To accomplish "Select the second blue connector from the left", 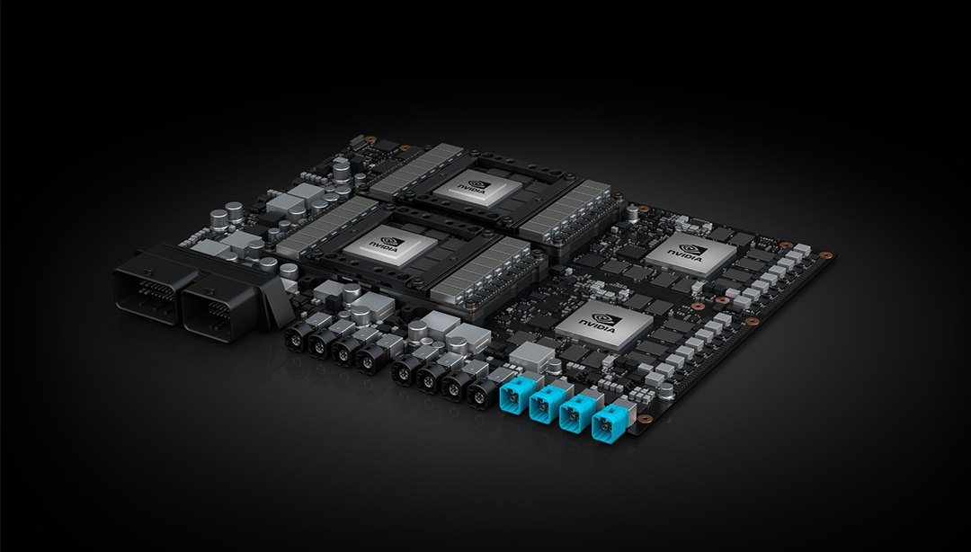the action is (547, 403).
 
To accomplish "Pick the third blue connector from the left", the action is (576, 414).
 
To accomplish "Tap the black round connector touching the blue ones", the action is (483, 393).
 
